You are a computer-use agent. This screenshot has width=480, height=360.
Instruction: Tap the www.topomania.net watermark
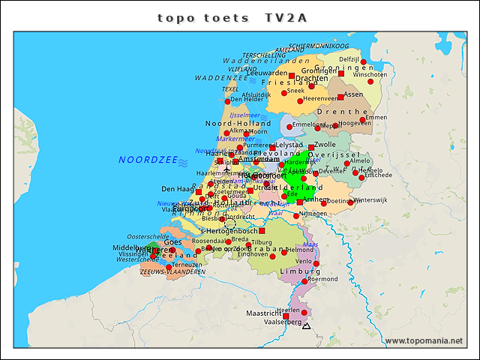pos(424,340)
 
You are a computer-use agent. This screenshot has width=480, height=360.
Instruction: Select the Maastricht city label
pos(263,313)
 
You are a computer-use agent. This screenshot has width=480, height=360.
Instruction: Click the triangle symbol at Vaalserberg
pos(305,326)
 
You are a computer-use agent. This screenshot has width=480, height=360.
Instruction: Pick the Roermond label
pos(323,279)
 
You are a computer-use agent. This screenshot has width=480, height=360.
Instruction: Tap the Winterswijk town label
pos(371,200)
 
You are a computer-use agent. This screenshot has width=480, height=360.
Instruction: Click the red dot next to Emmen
pos(362,119)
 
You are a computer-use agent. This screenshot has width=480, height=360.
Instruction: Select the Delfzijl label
pos(349,59)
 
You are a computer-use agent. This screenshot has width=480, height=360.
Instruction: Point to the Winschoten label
pos(370,75)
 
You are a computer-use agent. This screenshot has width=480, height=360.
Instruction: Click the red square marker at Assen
pos(340,97)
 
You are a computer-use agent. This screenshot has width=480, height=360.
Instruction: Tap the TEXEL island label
pos(230,89)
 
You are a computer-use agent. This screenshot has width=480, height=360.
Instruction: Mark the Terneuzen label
pos(186,265)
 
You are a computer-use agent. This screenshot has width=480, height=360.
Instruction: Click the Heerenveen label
pos(322,98)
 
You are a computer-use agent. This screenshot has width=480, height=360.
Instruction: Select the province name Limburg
pos(295,271)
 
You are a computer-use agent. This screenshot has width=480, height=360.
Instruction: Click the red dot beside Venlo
pos(316,263)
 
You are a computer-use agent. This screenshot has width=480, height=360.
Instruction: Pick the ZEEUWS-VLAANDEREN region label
pos(172,272)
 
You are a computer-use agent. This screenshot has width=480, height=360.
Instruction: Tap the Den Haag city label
pos(178,189)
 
